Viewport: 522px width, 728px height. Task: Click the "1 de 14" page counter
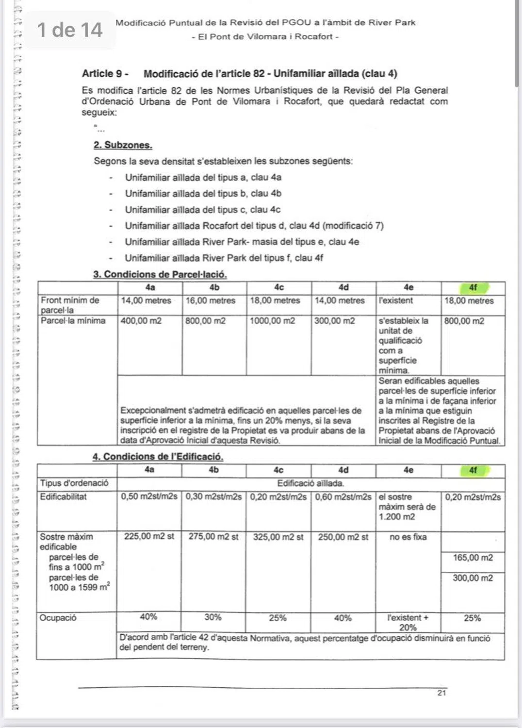[70, 30]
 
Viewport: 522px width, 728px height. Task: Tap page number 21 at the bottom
[441, 693]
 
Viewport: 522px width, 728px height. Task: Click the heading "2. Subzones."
[123, 145]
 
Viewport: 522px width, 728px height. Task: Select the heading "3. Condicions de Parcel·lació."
[160, 275]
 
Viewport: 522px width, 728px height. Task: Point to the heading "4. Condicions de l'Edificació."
[158, 457]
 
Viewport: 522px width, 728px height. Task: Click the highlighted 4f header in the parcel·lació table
[473, 288]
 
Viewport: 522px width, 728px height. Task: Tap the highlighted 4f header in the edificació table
[473, 470]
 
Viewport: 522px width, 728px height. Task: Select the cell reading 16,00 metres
[211, 301]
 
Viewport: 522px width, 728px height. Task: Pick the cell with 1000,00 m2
[272, 321]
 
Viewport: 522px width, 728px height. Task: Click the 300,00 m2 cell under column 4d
[334, 321]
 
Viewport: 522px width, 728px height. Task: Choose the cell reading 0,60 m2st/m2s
[343, 497]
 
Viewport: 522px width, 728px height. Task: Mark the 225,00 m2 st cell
[149, 537]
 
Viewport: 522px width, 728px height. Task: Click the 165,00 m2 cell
[473, 558]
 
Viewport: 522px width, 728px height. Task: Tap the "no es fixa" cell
[408, 537]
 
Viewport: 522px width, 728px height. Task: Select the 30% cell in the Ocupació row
[213, 617]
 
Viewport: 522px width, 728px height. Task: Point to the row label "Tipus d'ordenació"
[74, 483]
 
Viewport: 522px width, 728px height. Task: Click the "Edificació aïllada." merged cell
[310, 483]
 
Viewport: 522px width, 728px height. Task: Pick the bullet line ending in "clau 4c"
[202, 210]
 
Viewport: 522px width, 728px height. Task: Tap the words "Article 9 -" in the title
[105, 74]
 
